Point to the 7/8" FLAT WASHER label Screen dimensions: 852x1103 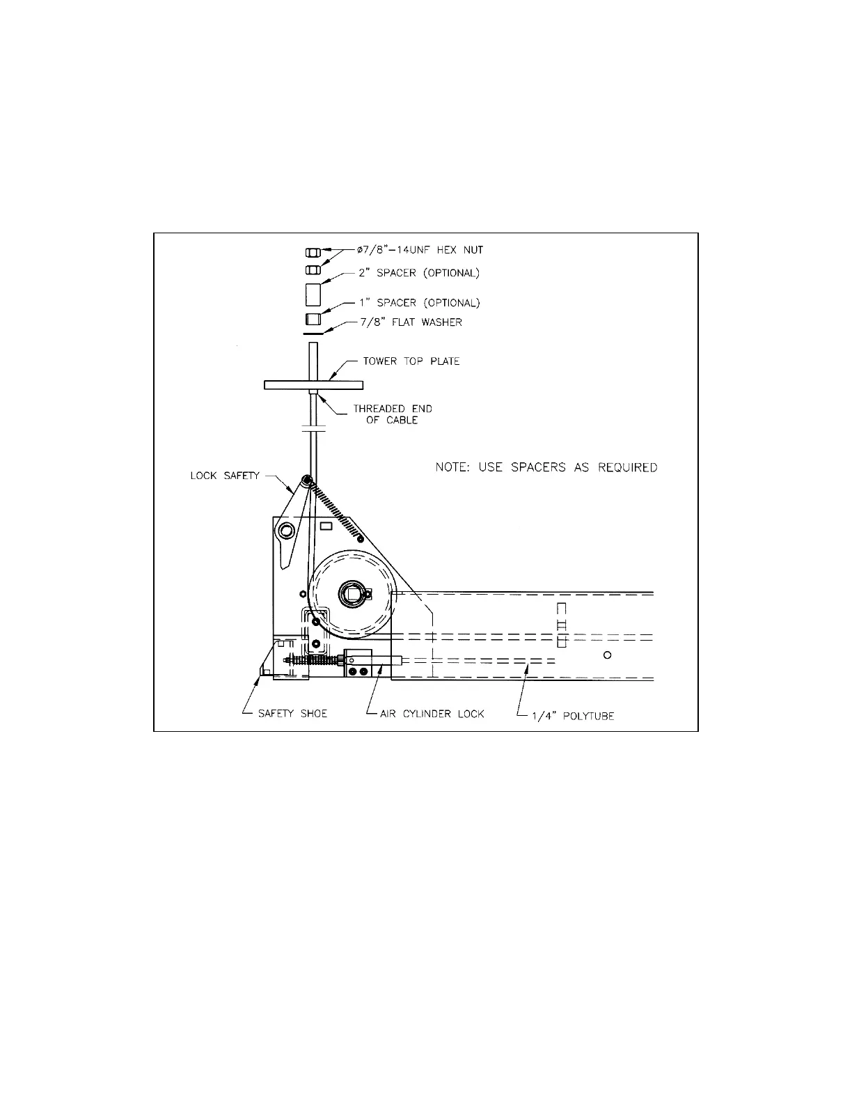coord(411,322)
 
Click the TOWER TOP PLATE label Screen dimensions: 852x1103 coord(411,361)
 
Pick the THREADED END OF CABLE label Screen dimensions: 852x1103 coord(393,414)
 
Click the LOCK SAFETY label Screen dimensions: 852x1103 coord(225,476)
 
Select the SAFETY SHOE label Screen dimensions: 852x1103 coord(292,714)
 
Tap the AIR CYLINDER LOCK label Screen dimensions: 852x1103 coord(432,714)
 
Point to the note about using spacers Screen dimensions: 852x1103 coord(546,467)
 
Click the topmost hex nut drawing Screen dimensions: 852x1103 coord(313,252)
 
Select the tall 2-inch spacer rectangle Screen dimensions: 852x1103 coord(313,294)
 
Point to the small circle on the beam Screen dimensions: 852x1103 coord(608,655)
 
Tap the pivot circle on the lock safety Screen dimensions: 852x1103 coord(284,531)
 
